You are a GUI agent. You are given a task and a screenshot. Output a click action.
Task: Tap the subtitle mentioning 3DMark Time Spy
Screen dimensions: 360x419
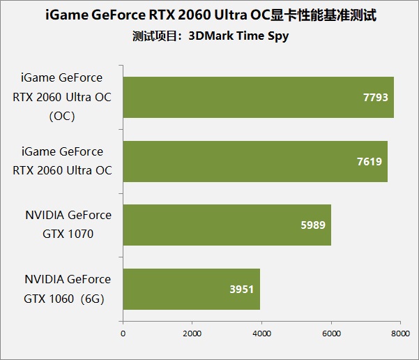[x=210, y=36]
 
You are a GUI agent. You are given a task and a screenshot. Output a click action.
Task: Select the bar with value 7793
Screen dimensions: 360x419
[x=258, y=97]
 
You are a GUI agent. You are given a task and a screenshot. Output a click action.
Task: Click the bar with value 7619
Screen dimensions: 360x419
[x=255, y=161]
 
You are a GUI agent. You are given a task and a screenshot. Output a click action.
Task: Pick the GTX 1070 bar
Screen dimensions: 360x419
[x=227, y=225]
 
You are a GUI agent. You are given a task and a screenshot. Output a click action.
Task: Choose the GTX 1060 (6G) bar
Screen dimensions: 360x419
[x=191, y=289]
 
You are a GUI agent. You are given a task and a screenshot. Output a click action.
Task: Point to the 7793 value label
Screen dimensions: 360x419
[x=375, y=98]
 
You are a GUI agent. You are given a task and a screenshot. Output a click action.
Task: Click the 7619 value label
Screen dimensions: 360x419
[x=368, y=162]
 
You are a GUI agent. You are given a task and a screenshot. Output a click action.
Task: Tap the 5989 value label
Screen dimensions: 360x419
[x=312, y=225]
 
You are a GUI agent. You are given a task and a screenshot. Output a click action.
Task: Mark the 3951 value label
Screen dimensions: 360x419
[x=241, y=290]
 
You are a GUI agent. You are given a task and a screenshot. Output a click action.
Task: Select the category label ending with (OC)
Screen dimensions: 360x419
[x=62, y=97]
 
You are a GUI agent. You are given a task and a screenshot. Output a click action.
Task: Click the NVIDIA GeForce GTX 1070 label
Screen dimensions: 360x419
[x=68, y=225]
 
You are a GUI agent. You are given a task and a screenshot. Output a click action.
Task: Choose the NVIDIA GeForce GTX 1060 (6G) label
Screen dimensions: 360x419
[x=68, y=288]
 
